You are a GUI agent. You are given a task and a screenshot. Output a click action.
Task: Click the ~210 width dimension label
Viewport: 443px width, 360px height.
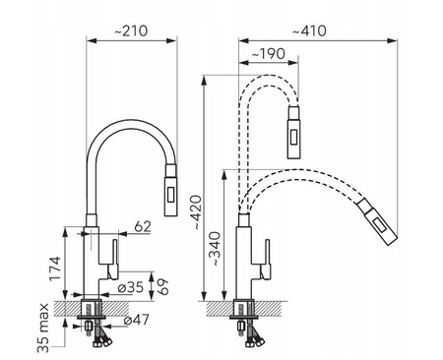click(131, 30)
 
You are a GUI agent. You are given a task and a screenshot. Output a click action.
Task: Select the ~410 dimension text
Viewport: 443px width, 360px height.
click(309, 31)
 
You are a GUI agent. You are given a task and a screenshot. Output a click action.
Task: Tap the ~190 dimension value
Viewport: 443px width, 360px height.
click(268, 54)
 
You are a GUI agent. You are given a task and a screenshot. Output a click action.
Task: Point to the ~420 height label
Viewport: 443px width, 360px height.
click(197, 212)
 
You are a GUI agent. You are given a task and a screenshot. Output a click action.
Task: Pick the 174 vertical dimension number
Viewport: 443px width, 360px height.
click(55, 269)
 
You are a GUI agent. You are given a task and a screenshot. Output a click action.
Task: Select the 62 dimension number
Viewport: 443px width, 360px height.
click(143, 226)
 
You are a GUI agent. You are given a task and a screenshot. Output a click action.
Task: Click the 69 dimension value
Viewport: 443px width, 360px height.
click(162, 286)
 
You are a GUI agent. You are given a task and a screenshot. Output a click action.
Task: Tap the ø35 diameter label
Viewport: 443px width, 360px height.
click(131, 287)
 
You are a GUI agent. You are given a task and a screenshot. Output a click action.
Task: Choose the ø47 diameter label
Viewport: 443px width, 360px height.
click(137, 320)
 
